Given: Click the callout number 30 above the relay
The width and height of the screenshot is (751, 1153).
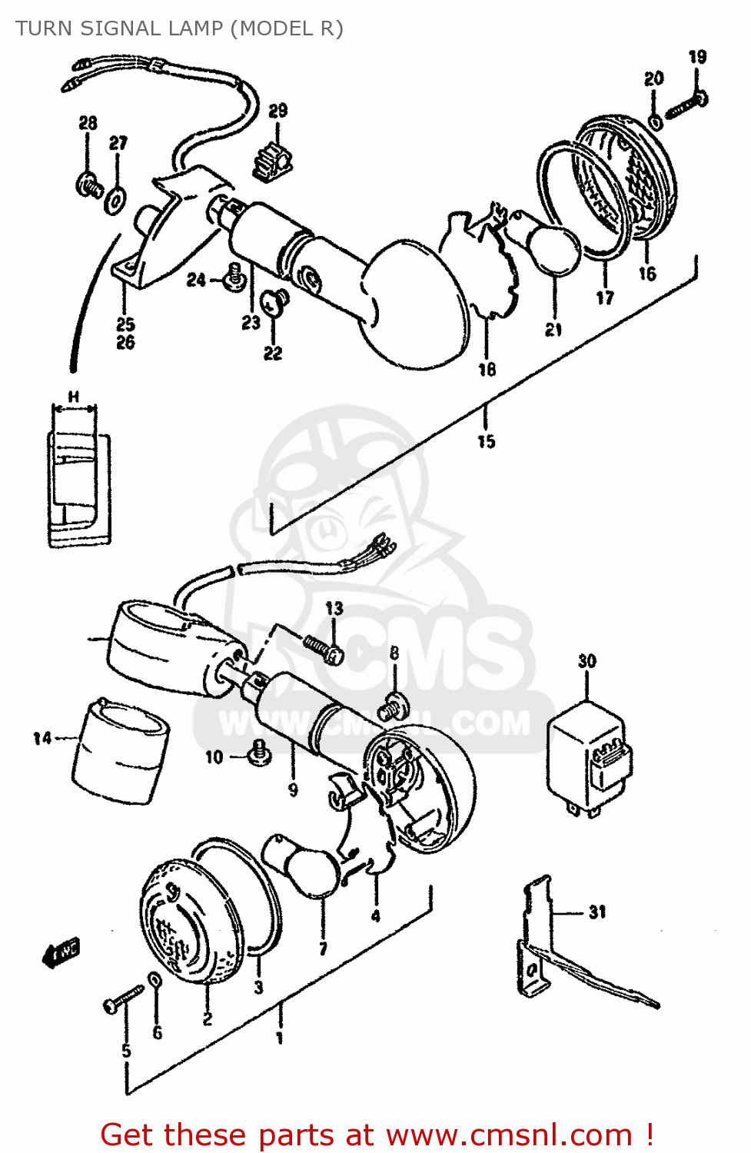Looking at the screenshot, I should pyautogui.click(x=587, y=661).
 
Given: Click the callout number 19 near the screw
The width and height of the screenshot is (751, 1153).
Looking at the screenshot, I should pyautogui.click(x=697, y=57).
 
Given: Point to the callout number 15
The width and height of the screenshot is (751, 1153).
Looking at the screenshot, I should pyautogui.click(x=486, y=441).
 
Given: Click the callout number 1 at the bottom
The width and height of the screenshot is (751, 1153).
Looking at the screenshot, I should pyautogui.click(x=280, y=1038).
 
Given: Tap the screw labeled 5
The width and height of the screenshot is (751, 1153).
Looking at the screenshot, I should pyautogui.click(x=122, y=998).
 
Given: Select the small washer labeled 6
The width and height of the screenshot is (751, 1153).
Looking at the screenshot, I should pyautogui.click(x=155, y=981).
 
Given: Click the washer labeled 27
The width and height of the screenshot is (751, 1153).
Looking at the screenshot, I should pyautogui.click(x=116, y=199).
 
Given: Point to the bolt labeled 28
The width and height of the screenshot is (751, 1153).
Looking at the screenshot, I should pyautogui.click(x=89, y=185).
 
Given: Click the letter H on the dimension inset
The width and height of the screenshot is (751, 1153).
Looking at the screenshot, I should pyautogui.click(x=74, y=397).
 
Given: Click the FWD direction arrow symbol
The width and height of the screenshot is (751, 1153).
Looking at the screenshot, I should pyautogui.click(x=61, y=952).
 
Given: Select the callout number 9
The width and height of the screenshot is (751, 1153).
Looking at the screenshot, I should pyautogui.click(x=293, y=789).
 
